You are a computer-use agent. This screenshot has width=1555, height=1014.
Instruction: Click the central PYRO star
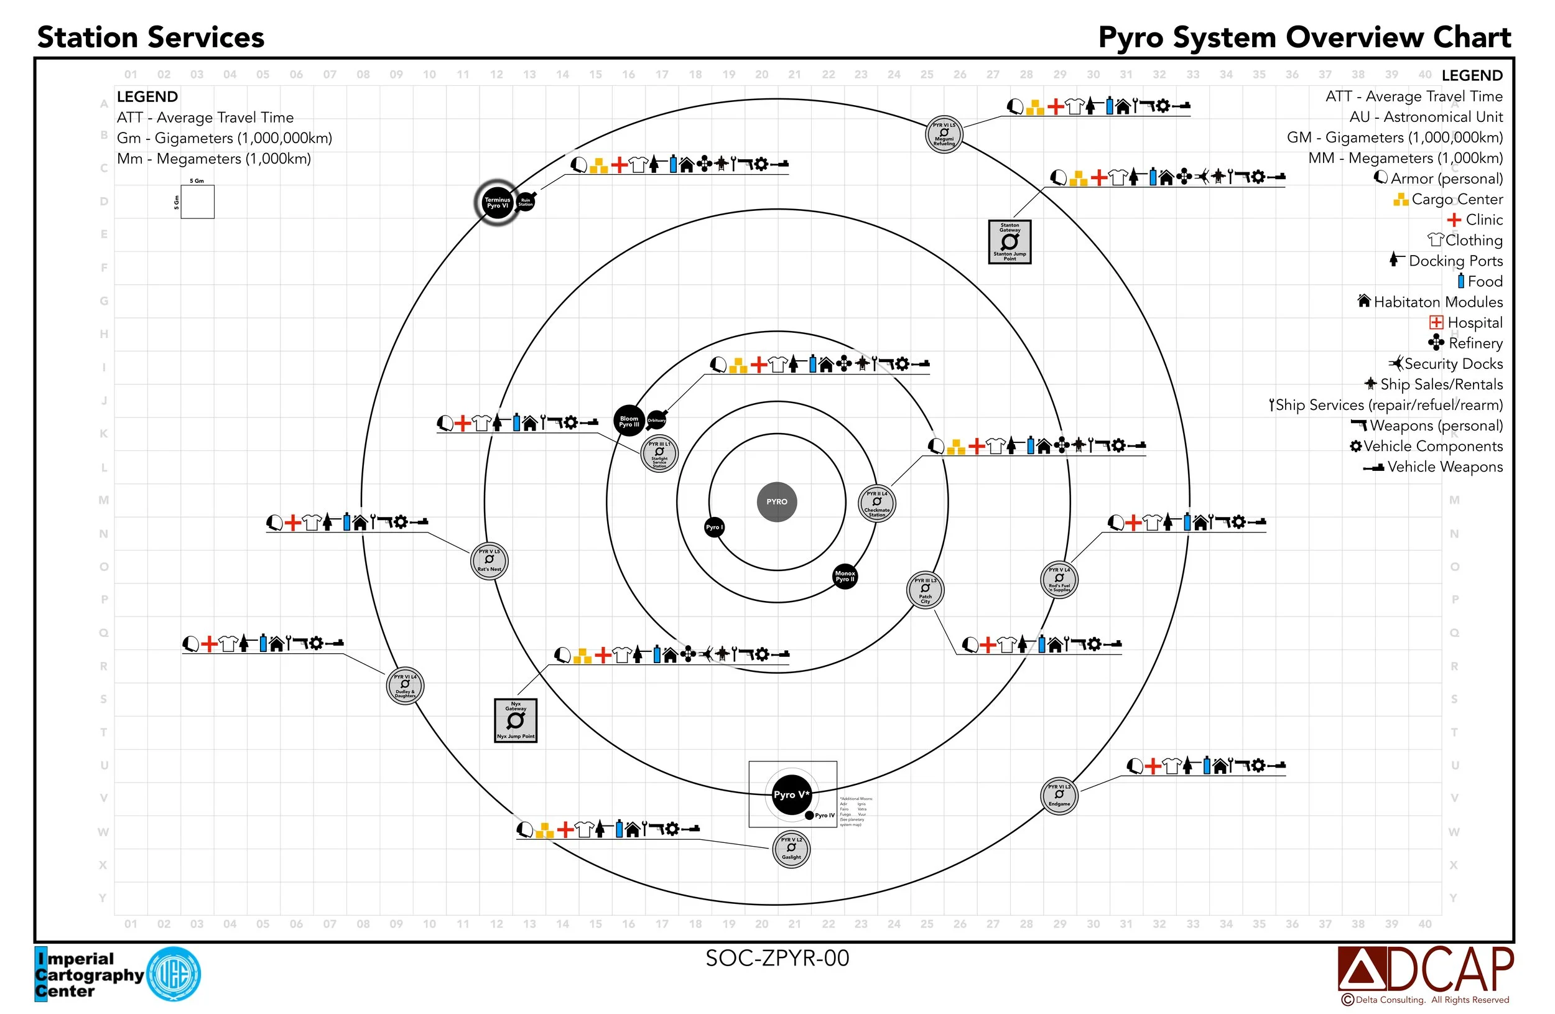click(777, 502)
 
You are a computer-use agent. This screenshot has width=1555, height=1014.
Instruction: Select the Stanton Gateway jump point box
click(1010, 242)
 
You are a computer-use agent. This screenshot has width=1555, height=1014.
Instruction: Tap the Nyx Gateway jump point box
click(516, 720)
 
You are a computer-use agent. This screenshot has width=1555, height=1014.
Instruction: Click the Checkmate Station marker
click(877, 503)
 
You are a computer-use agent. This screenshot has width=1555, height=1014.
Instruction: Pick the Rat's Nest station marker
click(490, 560)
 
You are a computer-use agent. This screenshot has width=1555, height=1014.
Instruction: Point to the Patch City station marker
click(925, 590)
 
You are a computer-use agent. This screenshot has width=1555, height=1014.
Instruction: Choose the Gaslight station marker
click(791, 849)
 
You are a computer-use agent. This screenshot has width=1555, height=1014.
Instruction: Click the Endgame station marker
click(1059, 795)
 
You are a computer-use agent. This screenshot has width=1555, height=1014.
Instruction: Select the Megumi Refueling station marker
click(944, 134)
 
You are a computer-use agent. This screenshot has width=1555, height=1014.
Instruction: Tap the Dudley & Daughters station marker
click(405, 686)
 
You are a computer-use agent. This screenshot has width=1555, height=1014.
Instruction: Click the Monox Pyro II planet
click(845, 576)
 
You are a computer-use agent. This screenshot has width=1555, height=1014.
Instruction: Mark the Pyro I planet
click(714, 528)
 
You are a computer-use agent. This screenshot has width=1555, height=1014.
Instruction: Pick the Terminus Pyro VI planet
click(496, 203)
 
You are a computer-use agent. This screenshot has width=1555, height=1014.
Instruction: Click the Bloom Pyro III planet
click(629, 421)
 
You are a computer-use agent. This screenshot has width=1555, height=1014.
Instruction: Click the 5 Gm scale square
click(197, 202)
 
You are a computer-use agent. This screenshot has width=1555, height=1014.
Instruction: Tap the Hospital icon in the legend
click(1436, 322)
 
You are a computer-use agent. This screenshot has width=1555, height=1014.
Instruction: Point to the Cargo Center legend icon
click(1400, 199)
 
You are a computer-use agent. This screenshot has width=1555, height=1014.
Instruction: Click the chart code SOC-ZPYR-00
click(777, 958)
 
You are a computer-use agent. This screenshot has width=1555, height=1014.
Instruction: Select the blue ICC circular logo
click(174, 974)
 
